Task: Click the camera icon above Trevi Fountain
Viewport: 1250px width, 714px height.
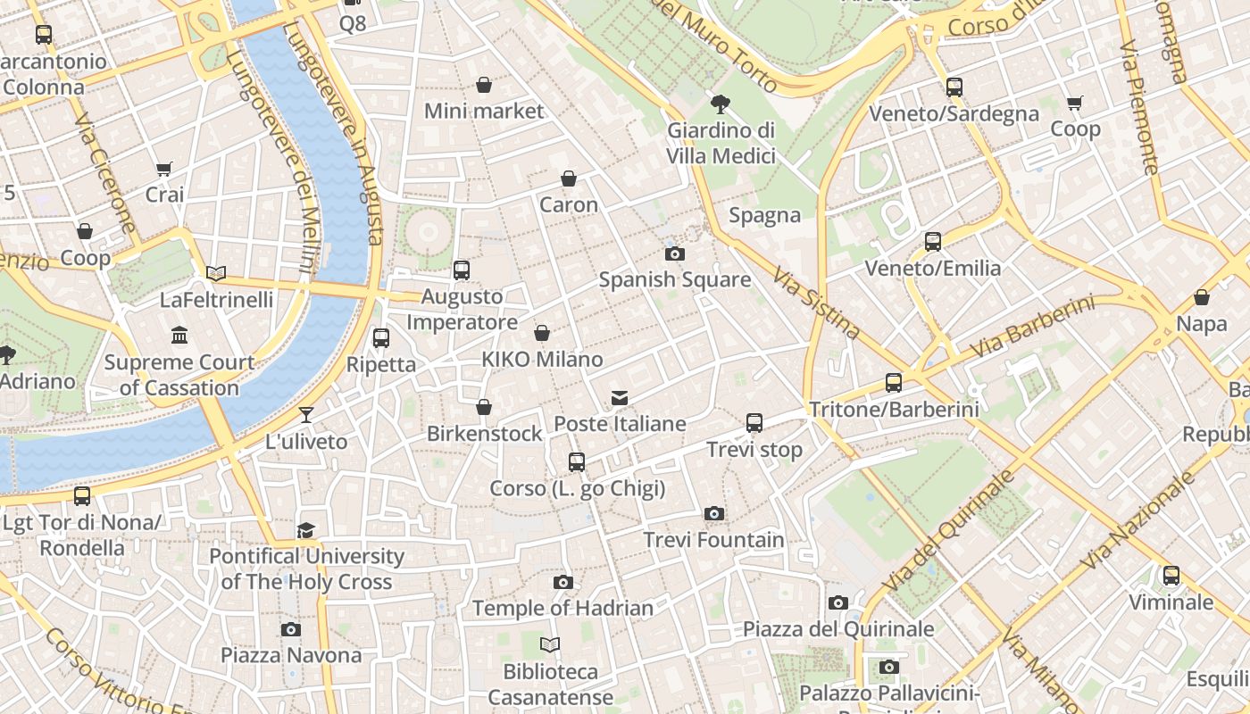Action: pos(713,513)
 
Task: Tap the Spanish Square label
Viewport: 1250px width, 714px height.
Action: pos(674,279)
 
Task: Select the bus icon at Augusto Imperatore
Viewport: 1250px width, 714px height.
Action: pos(462,270)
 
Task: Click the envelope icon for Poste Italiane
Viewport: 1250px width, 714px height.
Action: pos(620,397)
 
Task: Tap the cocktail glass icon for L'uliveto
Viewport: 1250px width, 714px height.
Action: pos(306,414)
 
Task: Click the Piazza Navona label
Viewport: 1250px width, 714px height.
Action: pos(291,655)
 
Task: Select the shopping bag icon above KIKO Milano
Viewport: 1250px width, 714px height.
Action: pos(541,333)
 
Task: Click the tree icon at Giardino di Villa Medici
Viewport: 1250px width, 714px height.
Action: pos(720,104)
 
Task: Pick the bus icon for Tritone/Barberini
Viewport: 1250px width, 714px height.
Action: pos(894,383)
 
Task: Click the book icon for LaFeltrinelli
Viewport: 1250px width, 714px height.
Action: pos(216,273)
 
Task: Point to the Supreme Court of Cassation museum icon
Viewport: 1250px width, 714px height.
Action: pos(179,336)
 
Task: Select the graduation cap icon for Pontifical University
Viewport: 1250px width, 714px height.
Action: pos(306,530)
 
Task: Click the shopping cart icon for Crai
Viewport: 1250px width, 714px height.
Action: pos(164,169)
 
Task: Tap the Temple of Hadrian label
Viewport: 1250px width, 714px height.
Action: pos(562,608)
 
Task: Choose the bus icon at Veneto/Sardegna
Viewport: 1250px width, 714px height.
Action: pos(954,87)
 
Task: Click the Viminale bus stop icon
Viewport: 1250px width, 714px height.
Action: pos(1171,576)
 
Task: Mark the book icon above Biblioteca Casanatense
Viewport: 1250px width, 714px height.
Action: pos(551,644)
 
